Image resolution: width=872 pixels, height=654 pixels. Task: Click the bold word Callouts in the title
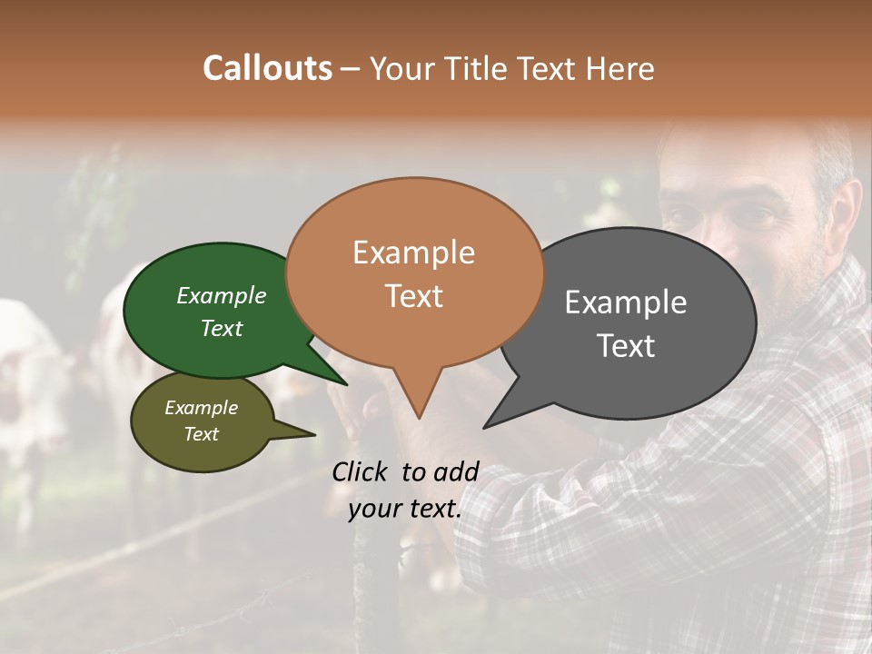[267, 68]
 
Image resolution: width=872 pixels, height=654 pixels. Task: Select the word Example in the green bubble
[222, 295]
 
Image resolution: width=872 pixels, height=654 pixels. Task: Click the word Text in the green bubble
[222, 328]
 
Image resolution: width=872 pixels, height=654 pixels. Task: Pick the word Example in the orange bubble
[413, 253]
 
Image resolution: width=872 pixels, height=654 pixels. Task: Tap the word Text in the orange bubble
[413, 296]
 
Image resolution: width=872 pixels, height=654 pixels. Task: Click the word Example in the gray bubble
[626, 302]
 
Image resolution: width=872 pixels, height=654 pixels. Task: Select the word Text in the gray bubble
[626, 346]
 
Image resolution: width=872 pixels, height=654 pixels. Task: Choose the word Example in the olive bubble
[202, 408]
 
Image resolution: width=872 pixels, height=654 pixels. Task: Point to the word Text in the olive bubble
[202, 434]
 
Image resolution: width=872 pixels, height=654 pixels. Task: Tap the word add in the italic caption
[457, 472]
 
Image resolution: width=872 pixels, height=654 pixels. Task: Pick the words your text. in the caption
[405, 509]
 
